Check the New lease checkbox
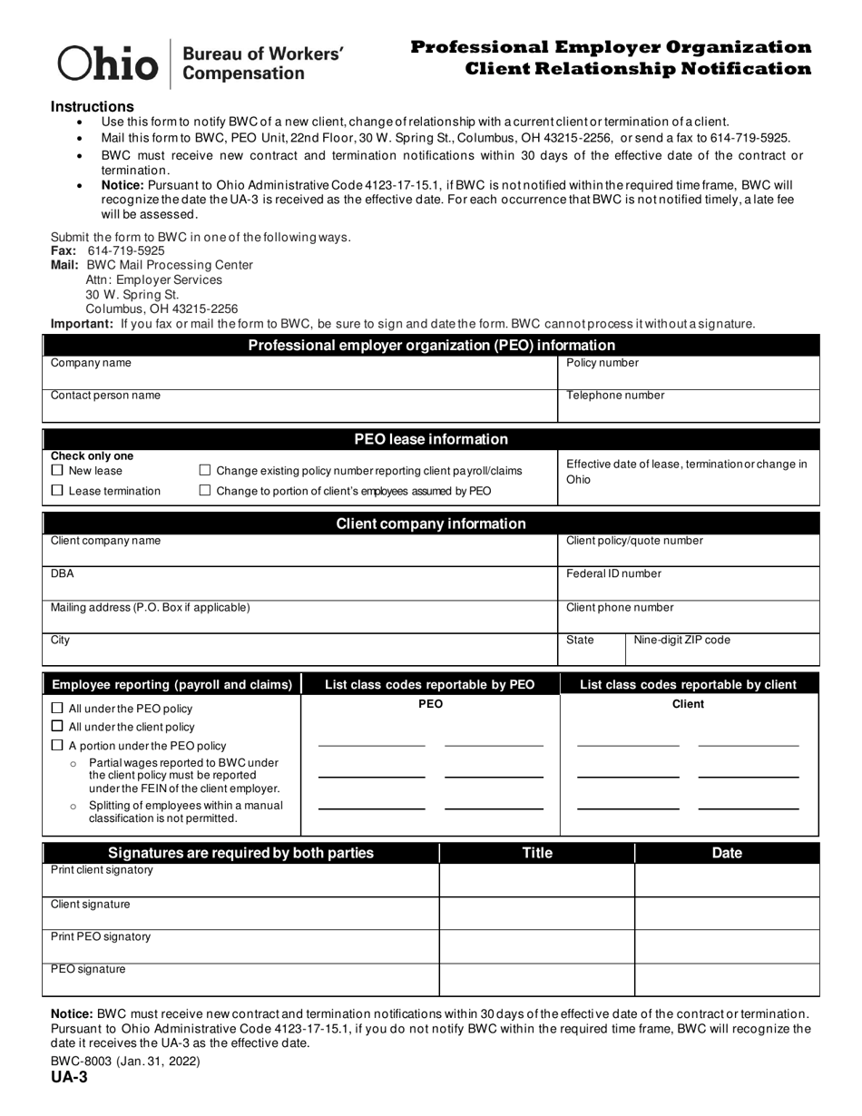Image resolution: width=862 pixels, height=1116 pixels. click(58, 470)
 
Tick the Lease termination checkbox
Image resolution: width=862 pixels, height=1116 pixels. click(58, 490)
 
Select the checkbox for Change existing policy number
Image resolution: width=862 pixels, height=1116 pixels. click(205, 470)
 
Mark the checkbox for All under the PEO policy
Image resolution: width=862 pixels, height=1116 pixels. click(58, 708)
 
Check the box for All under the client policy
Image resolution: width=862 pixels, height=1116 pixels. click(58, 726)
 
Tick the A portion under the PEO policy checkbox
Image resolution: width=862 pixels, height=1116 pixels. click(58, 745)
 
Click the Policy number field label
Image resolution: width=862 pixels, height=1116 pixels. click(602, 363)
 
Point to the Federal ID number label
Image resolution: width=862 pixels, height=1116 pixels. click(613, 573)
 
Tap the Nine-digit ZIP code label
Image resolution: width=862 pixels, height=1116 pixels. click(681, 640)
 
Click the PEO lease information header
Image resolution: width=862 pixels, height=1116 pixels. click(430, 439)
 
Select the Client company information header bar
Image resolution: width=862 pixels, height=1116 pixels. click(430, 524)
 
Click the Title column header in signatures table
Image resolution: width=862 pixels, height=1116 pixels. click(536, 853)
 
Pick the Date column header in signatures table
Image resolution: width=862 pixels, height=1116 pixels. click(726, 853)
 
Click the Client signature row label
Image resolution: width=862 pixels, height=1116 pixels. click(90, 904)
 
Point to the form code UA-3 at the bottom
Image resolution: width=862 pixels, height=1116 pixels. click(69, 1077)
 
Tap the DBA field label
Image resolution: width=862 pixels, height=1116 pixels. click(63, 573)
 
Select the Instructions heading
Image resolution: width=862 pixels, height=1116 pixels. click(92, 106)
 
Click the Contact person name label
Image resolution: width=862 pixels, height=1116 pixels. click(105, 396)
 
